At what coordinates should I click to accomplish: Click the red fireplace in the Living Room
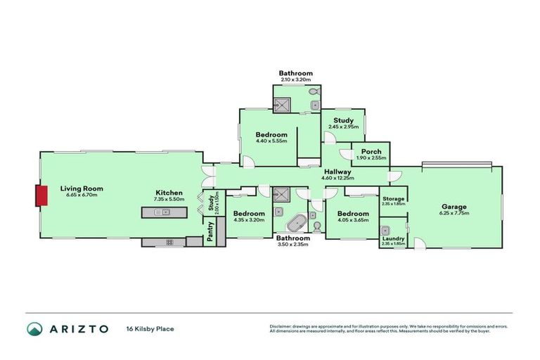click(x=42, y=195)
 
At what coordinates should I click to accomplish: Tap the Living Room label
click(x=82, y=188)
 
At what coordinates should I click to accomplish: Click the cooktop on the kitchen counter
click(x=169, y=242)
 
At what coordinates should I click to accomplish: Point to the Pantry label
click(x=210, y=232)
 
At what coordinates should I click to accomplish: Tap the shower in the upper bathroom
click(x=283, y=105)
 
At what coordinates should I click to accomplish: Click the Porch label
click(x=371, y=152)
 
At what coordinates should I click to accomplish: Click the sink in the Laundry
click(x=386, y=231)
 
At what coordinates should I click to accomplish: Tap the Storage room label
click(x=393, y=199)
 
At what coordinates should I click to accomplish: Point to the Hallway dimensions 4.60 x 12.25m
click(x=337, y=179)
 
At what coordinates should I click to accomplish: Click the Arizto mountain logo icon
click(x=35, y=328)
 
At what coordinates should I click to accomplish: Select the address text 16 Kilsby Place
click(x=150, y=328)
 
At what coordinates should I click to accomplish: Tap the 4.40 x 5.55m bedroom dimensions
click(x=271, y=141)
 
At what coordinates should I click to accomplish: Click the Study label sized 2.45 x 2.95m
click(x=343, y=120)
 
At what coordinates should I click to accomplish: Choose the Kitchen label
click(x=169, y=193)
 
